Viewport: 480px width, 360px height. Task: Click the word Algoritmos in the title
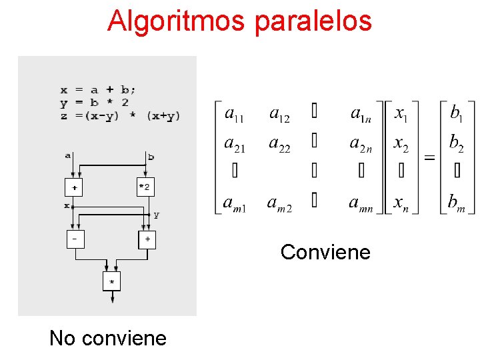176,21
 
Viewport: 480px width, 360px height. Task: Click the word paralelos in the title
313,21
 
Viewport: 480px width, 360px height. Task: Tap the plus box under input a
73,187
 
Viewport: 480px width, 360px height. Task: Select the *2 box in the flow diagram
145,187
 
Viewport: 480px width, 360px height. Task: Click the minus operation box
75,238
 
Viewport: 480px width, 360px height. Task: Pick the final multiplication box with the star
111,281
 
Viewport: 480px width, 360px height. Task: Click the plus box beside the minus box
147,238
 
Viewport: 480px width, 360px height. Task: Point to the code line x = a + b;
98,90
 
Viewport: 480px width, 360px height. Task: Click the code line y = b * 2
94,103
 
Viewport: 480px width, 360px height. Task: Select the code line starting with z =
120,115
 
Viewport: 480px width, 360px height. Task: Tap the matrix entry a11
234,115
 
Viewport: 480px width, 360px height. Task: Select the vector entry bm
455,202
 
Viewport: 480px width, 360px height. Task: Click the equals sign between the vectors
430,158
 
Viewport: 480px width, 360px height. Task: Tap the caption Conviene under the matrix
325,252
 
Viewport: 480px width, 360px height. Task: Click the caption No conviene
108,338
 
